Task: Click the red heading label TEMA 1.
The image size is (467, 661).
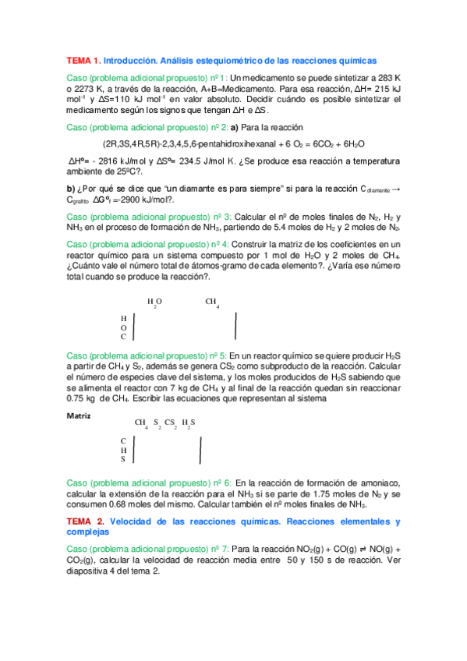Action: click(x=83, y=60)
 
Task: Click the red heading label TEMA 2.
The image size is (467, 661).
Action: click(x=83, y=521)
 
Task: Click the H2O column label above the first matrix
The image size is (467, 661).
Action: click(x=154, y=302)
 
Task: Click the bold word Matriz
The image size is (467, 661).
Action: click(x=80, y=415)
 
